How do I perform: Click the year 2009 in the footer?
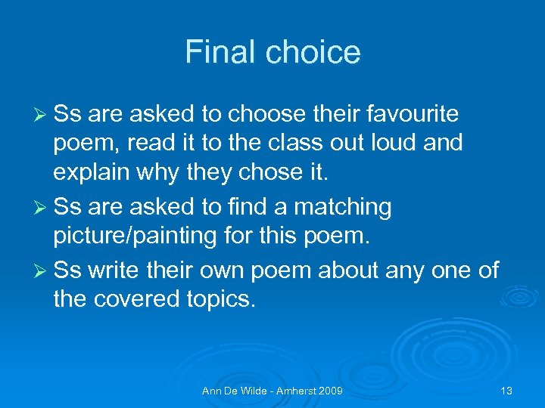click(330, 391)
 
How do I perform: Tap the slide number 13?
click(506, 391)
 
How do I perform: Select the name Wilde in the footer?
click(247, 391)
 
